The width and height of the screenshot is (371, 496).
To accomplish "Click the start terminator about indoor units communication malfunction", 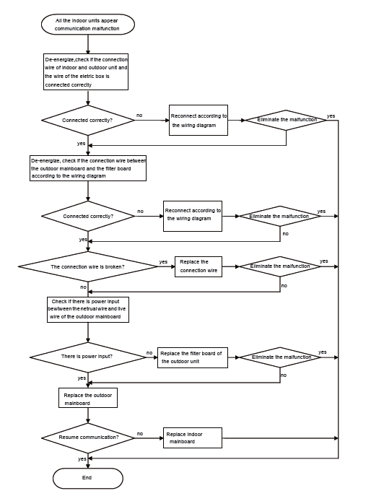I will (87, 25).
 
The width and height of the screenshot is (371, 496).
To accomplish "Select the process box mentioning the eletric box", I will (86, 71).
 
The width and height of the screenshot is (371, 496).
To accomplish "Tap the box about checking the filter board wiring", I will (88, 167).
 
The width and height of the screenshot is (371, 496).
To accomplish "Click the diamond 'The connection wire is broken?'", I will (87, 266).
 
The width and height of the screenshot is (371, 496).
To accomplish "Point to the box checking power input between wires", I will (88, 309).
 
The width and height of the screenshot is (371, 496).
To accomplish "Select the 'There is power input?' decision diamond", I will (87, 357).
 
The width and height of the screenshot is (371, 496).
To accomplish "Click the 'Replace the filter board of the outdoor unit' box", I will (192, 357).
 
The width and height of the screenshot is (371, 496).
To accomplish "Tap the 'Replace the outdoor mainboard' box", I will (87, 398).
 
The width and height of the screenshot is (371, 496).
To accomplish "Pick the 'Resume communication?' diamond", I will (87, 438).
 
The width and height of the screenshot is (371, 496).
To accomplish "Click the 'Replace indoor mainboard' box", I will (192, 438).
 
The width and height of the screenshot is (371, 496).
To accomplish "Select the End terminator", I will (87, 478).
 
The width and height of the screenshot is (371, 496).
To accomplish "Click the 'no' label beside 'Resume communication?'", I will (140, 433).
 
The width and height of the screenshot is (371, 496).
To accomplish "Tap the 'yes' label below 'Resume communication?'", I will (82, 458).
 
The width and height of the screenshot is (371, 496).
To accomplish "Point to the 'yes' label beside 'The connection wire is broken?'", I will (163, 262).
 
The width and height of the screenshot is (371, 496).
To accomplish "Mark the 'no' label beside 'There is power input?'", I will (149, 353).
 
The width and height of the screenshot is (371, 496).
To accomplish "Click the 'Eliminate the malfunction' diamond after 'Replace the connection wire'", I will (280, 266).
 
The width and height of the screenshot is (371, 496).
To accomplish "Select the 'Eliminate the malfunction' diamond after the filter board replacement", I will (280, 357).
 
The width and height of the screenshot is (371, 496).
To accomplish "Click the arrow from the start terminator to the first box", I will (87, 43).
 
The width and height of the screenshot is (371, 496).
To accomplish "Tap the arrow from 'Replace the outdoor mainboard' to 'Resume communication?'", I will (87, 415).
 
